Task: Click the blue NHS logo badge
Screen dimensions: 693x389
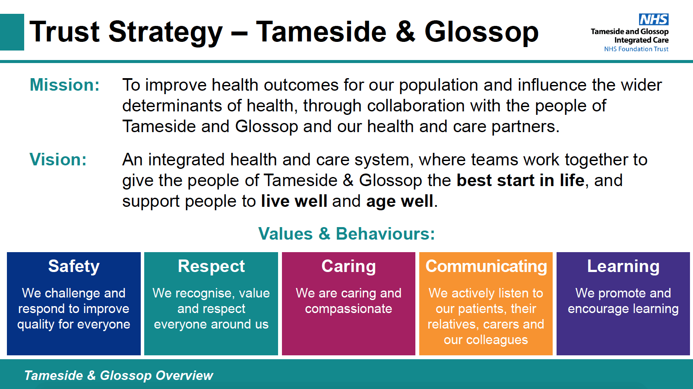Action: [x=654, y=19]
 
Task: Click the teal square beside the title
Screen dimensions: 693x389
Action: [x=12, y=32]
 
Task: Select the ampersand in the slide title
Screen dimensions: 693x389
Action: [x=405, y=31]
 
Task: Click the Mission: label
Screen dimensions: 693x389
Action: [x=65, y=85]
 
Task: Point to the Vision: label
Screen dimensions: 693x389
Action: [x=58, y=159]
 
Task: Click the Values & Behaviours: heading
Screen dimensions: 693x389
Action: [x=346, y=233]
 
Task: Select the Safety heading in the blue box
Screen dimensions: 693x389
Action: [x=74, y=266]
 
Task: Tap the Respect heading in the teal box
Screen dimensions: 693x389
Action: [x=211, y=266]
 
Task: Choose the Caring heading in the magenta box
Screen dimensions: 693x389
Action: [x=349, y=266]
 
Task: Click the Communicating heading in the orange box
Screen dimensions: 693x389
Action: [x=486, y=266]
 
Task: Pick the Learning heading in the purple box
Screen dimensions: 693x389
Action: [x=623, y=266]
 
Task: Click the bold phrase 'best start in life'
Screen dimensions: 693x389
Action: [x=520, y=180]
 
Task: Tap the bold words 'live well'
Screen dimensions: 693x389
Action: [x=294, y=201]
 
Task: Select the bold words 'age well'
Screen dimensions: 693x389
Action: [x=399, y=202]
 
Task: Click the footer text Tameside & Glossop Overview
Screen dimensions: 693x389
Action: [x=118, y=375]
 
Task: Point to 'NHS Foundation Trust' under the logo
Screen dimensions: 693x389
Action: [x=636, y=49]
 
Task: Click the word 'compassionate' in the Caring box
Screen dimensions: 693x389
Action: [x=349, y=309]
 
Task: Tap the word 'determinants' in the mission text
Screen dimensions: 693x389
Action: [x=172, y=105]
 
